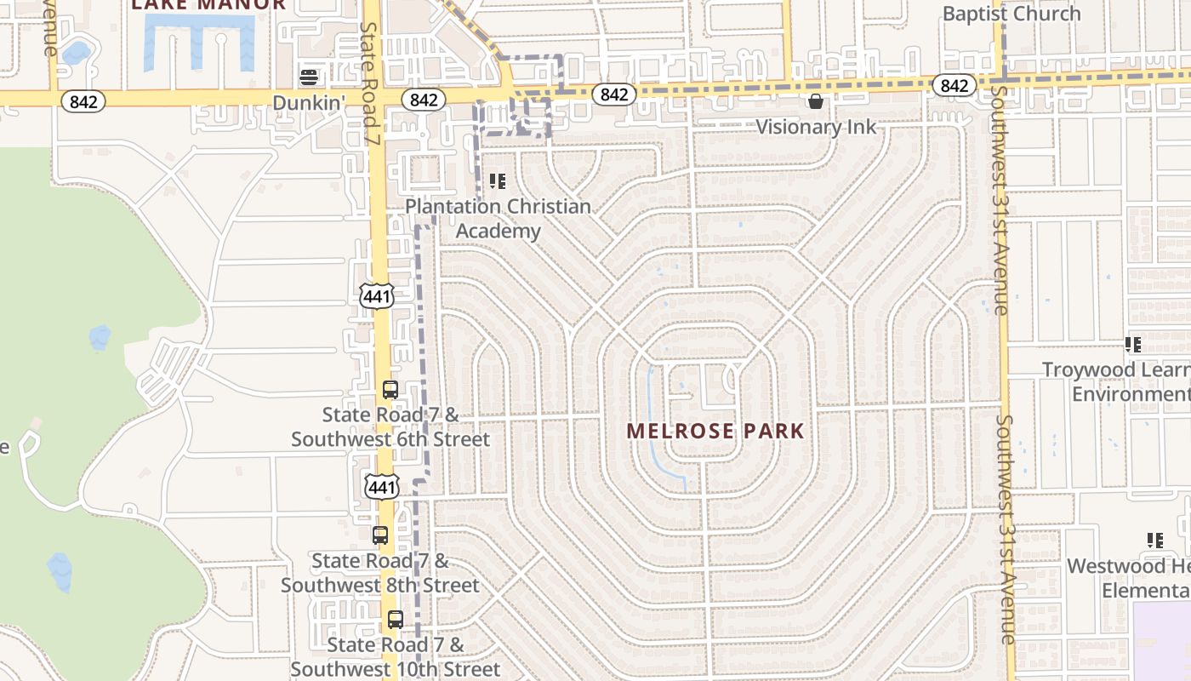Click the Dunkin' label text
tap(309, 102)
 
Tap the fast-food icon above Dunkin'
tap(309, 77)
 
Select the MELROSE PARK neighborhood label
tap(715, 431)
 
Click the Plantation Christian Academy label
tap(498, 219)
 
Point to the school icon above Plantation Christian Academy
tap(498, 181)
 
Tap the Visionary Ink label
tap(816, 127)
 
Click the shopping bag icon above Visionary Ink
tap(816, 102)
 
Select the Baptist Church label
tap(1011, 14)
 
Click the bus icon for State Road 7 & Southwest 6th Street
tap(390, 391)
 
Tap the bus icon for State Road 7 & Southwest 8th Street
tap(380, 535)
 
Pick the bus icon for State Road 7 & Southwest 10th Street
tap(396, 620)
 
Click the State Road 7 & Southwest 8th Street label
tap(380, 574)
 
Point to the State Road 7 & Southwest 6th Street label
tap(390, 427)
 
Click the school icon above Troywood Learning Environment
tap(1132, 345)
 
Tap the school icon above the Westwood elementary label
tap(1154, 541)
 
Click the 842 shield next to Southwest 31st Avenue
tap(954, 85)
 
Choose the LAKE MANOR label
tap(208, 4)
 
